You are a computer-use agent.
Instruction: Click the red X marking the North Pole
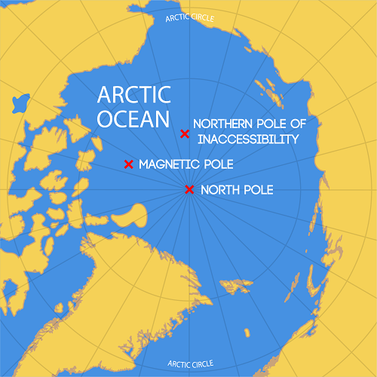tap(189, 189)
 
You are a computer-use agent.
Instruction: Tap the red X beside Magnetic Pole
tap(129, 164)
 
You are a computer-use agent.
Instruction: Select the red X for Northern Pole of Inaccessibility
tap(184, 133)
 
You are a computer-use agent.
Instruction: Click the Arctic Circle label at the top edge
tap(189, 17)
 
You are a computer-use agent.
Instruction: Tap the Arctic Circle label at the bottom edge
tap(190, 364)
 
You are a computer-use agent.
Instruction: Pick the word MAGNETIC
tap(170, 164)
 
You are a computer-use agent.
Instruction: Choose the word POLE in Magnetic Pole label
tap(218, 164)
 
